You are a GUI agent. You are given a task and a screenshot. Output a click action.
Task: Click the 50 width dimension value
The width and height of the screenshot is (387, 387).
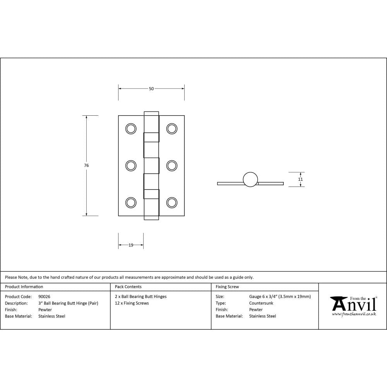pos(151,89)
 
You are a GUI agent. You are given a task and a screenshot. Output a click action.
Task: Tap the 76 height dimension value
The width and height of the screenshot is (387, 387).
pos(86,165)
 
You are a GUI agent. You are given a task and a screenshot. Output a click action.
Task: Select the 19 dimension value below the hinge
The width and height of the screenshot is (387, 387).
pos(131,245)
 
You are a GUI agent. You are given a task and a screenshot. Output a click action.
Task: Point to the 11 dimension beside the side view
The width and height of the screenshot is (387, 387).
pos(300,180)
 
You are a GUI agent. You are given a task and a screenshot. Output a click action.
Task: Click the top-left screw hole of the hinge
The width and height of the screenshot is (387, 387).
pos(131,129)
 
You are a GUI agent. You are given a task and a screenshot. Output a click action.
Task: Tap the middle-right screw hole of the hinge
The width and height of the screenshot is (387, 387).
pos(172,166)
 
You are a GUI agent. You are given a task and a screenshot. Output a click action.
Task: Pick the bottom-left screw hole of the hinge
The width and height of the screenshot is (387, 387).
pos(131,203)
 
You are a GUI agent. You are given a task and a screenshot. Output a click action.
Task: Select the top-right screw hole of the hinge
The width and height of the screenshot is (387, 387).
pos(172,129)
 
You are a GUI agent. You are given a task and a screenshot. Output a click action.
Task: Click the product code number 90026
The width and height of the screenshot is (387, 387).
pos(44,297)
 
